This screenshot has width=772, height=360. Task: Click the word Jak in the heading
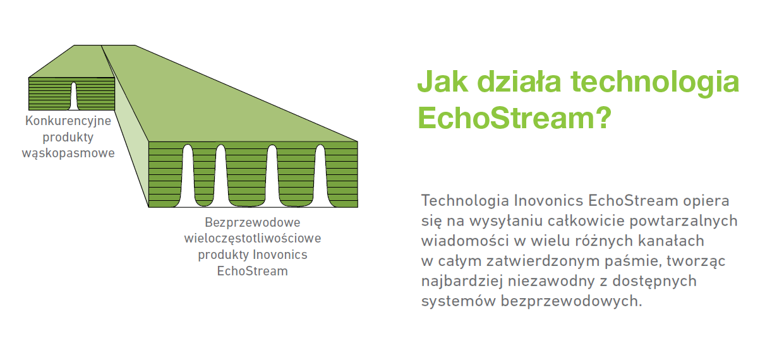443,81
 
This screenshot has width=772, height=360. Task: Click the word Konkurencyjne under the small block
68,121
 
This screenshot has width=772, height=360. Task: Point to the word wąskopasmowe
68,153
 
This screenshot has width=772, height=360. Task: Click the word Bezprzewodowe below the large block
253,222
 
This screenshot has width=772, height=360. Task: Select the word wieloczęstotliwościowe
253,238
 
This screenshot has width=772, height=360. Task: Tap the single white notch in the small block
73,97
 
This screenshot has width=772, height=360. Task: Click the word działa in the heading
519,81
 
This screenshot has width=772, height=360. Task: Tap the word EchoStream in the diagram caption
252,271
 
